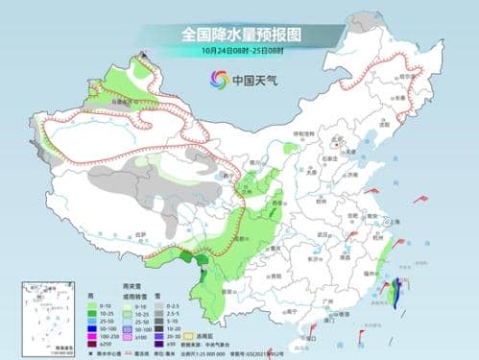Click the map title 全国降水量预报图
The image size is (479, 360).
[240, 35]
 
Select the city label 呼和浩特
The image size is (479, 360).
[299, 133]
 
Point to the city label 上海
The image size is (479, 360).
[390, 222]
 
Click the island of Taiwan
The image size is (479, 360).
[396, 290]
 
